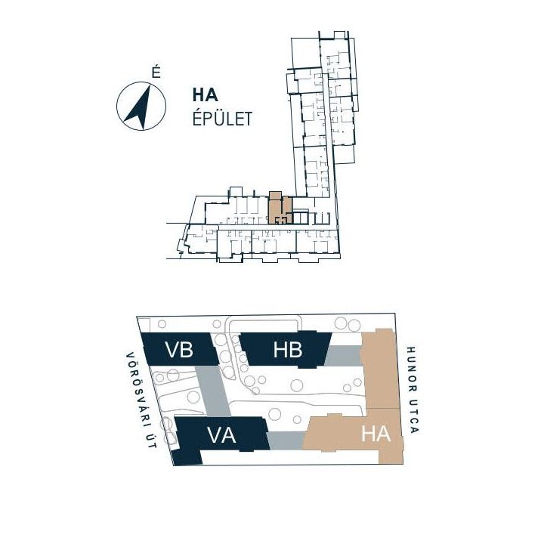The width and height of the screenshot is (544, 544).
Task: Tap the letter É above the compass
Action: click(156, 73)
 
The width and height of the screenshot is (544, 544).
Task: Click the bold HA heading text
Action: click(206, 95)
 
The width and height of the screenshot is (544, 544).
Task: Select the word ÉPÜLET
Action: click(222, 119)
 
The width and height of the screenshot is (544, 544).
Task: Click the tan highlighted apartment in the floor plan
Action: click(280, 209)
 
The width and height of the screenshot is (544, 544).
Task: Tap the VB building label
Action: click(179, 350)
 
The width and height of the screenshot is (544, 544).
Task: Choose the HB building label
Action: click(288, 350)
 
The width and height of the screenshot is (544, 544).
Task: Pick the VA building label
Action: click(221, 435)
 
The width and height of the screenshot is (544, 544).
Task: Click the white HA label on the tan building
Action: click(376, 434)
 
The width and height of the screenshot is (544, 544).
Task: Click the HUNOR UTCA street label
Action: click(413, 390)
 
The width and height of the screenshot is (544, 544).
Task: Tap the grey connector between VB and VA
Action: click(213, 391)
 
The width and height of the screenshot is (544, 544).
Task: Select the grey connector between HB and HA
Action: click(343, 356)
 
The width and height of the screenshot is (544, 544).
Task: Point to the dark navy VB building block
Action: click(180, 348)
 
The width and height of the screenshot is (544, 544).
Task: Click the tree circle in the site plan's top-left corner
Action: click(162, 324)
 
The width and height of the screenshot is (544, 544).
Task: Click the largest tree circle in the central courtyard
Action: click(297, 385)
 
